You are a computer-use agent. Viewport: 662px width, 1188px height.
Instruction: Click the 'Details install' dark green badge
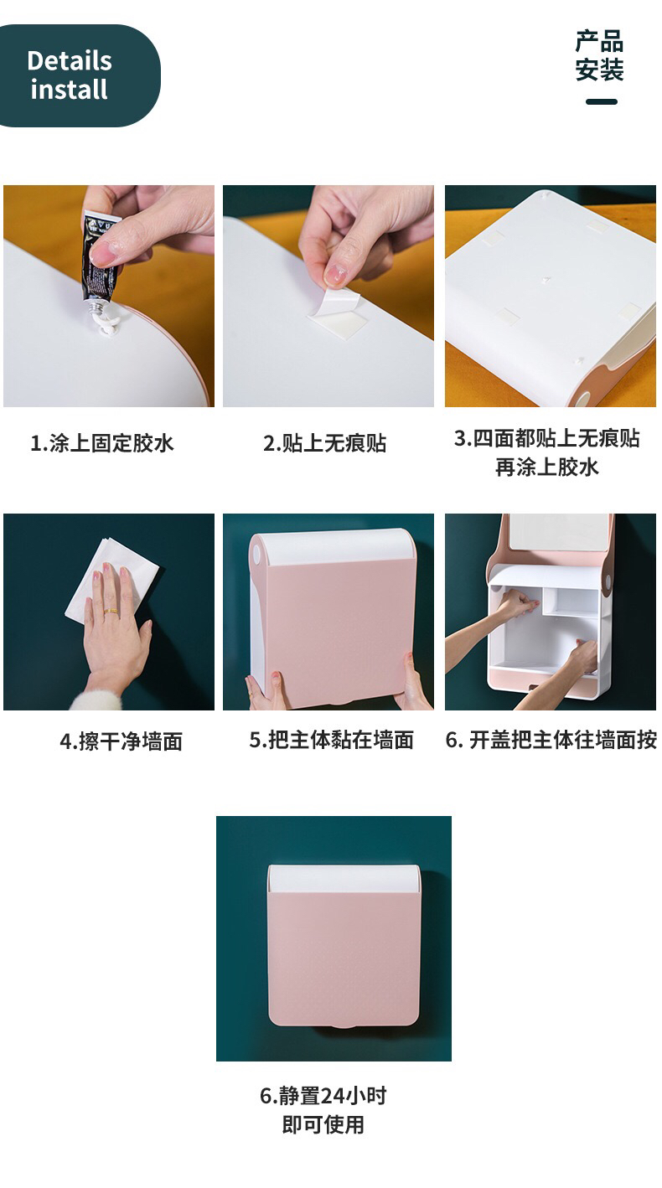coord(79,75)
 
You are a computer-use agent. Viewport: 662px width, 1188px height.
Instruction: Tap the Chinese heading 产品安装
coord(599,56)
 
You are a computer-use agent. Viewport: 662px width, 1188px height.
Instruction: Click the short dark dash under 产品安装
coord(602,101)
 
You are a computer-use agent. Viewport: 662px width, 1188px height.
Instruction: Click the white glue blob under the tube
coord(108,321)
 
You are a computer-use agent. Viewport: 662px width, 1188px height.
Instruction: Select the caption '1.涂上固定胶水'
coord(102,443)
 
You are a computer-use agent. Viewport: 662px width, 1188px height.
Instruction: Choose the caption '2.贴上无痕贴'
coord(324,443)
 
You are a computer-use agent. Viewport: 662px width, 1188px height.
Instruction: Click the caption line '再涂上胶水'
coord(547,467)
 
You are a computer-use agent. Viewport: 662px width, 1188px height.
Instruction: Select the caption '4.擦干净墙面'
coord(121,741)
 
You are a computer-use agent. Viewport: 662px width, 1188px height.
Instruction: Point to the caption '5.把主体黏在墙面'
coord(332,740)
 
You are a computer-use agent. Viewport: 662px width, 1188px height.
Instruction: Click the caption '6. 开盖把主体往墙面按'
coord(551,740)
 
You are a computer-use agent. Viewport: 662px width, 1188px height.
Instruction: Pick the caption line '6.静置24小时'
coord(323,1095)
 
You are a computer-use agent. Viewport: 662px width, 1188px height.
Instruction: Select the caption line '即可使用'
coord(323,1123)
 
